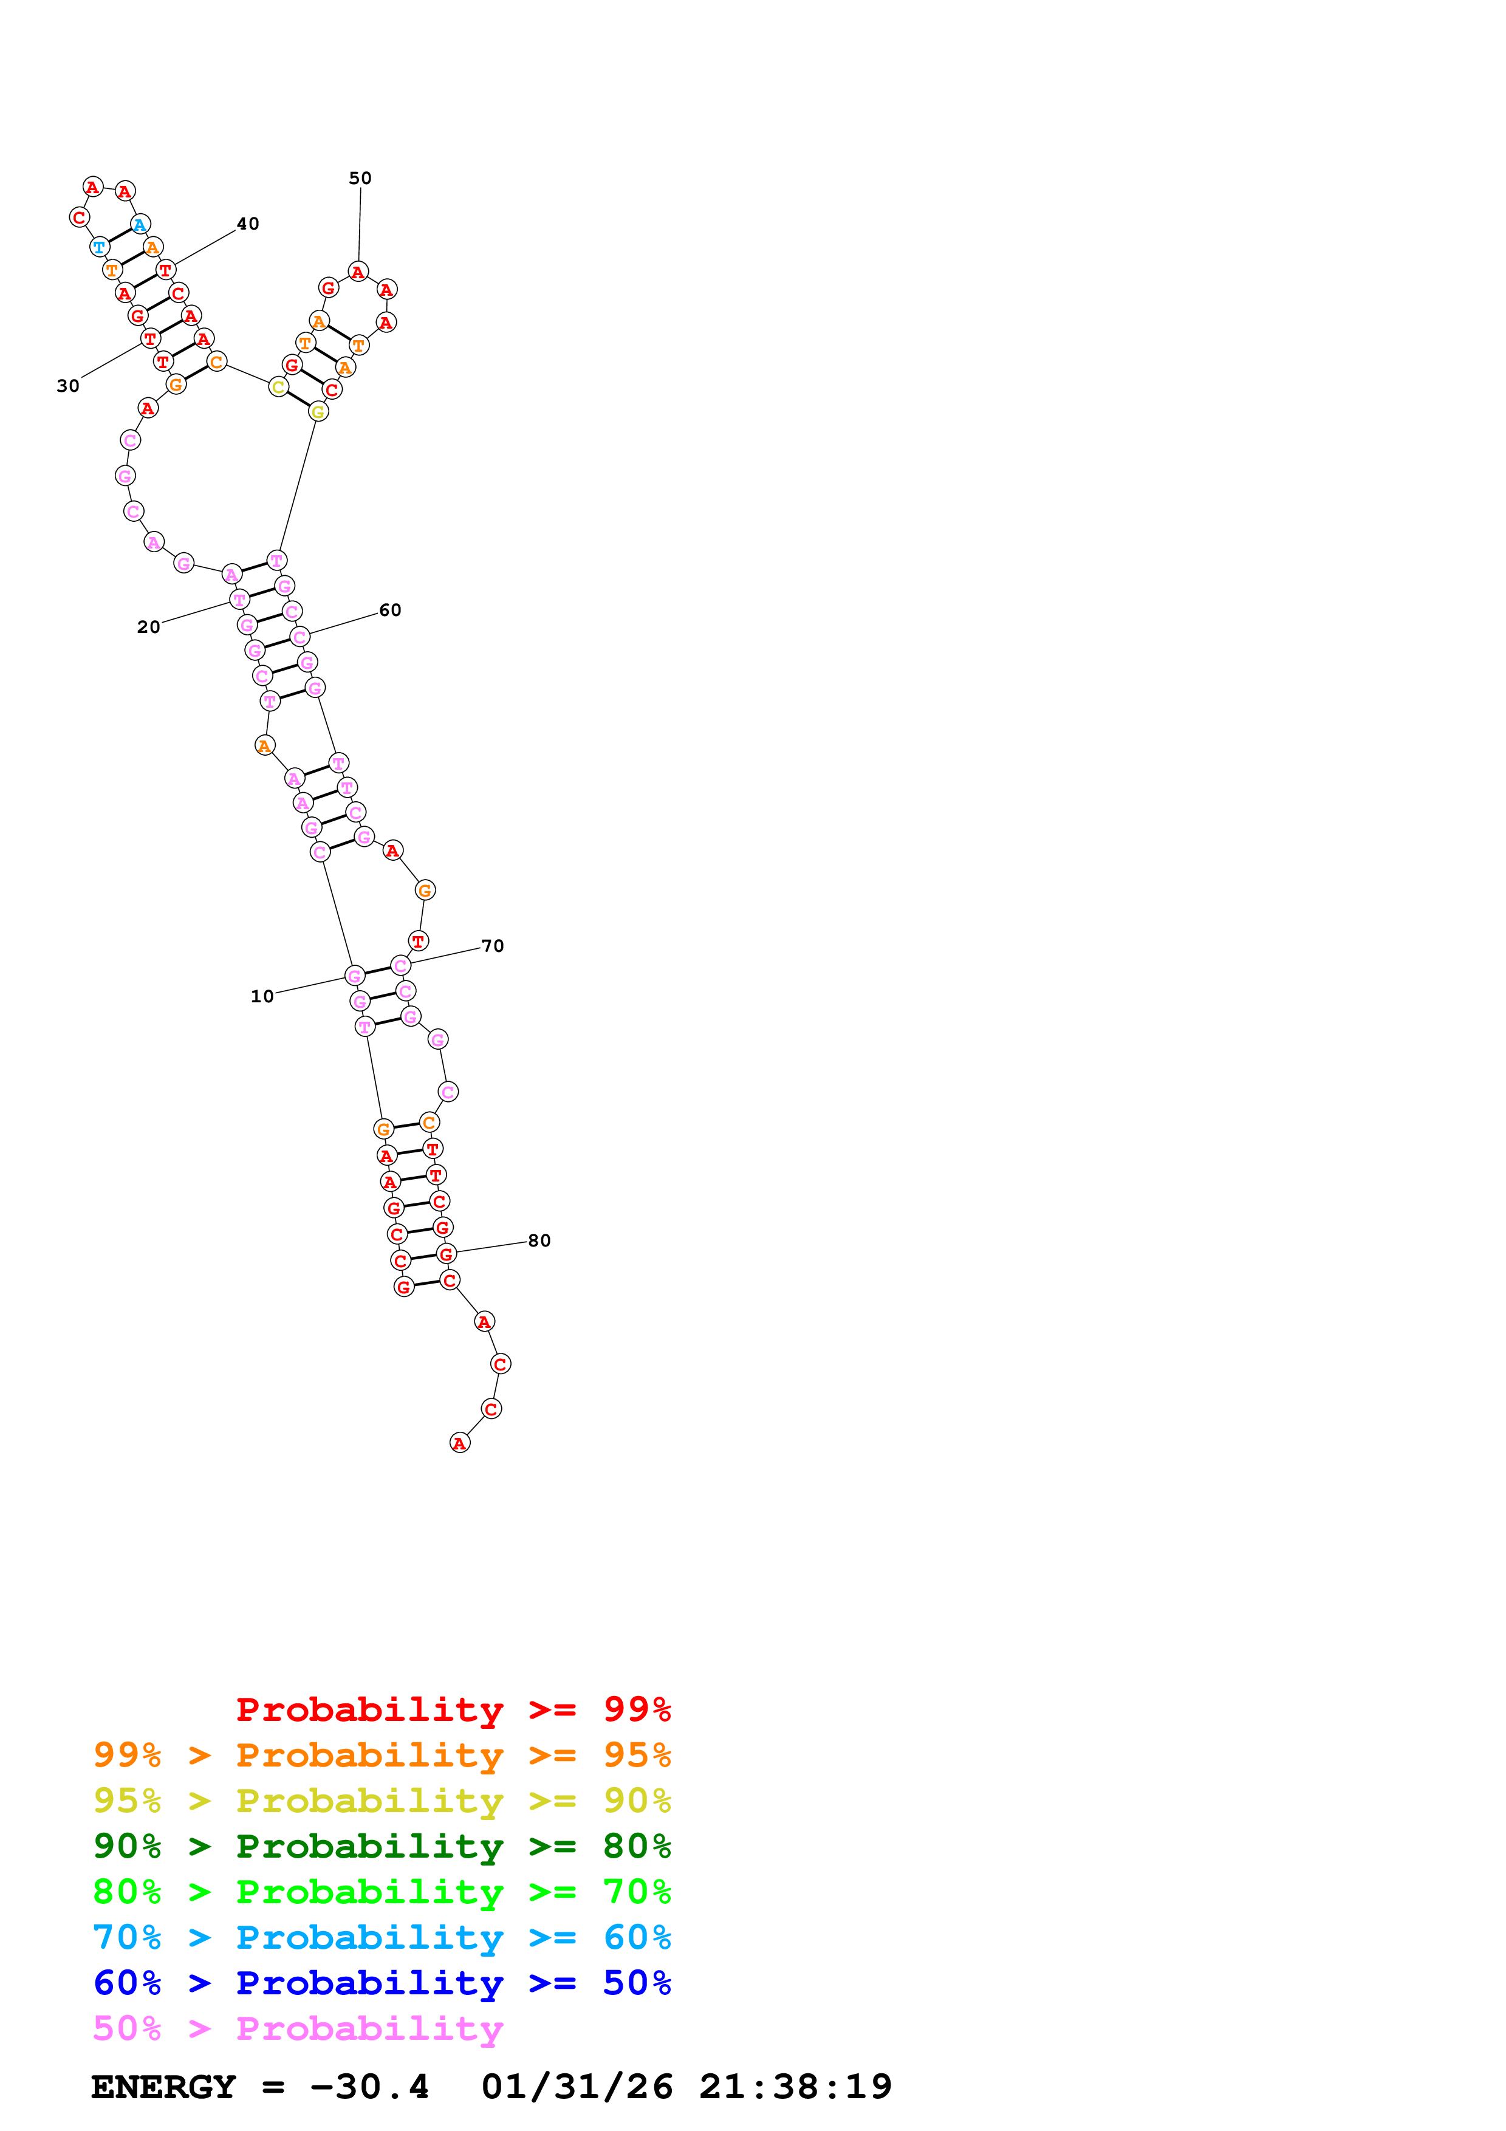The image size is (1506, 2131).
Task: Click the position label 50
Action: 360,178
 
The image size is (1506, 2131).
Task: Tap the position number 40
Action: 248,224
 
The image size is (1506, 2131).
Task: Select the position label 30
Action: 68,386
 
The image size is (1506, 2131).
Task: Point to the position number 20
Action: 148,628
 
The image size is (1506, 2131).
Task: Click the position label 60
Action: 390,611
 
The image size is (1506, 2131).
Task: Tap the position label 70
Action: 493,946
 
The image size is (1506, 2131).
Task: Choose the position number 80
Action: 539,1241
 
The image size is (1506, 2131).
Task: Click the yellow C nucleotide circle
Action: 278,387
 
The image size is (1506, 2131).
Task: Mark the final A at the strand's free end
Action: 459,1443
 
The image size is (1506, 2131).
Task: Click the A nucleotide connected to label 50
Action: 358,272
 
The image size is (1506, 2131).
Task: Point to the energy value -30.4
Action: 369,2087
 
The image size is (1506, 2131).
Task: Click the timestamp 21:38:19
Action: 795,2087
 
